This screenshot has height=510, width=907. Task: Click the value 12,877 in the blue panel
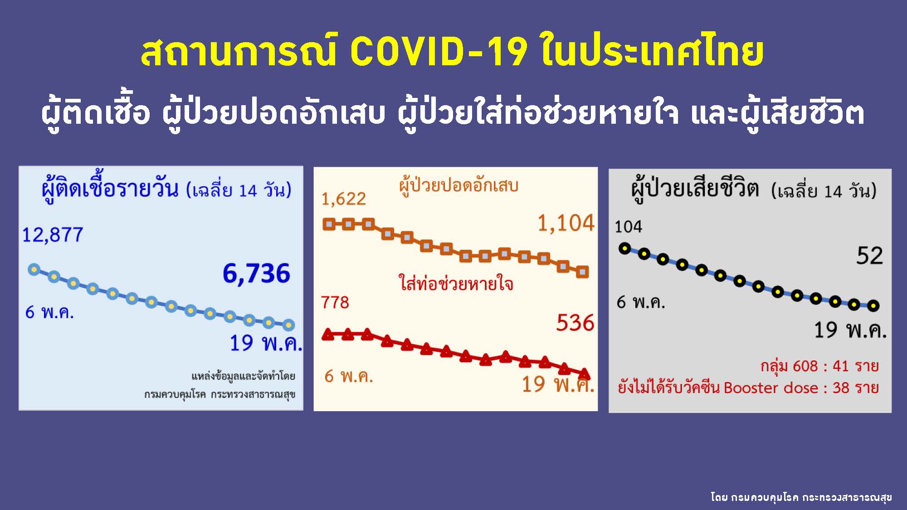point(53,235)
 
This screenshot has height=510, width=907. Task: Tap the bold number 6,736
point(256,273)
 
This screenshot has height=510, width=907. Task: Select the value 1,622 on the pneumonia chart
point(343,199)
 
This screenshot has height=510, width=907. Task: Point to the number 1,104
point(566,223)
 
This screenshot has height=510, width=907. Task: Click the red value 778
point(335,302)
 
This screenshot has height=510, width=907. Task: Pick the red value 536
point(575,323)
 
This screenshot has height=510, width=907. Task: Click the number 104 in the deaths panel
point(628,226)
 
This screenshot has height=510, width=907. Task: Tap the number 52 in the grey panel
point(869,256)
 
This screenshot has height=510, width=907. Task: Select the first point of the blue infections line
point(34,270)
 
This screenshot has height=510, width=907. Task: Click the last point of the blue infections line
point(288,325)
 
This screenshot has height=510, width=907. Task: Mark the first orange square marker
point(329,224)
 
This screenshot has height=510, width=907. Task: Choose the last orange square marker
point(582,272)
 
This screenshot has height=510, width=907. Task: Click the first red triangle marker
point(328,335)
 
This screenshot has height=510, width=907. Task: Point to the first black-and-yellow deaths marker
point(625,248)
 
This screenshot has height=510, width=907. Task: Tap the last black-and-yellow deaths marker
point(873,306)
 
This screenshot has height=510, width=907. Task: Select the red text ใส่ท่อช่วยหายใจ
point(456,283)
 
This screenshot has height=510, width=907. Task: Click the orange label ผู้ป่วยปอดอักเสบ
point(458,185)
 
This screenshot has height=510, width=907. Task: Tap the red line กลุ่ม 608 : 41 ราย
point(819,366)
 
